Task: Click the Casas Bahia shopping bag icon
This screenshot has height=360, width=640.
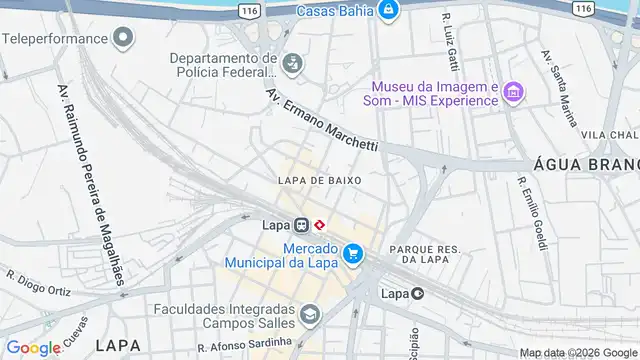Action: (389, 11)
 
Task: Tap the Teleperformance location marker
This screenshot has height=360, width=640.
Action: (124, 39)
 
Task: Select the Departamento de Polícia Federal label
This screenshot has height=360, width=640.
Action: (223, 65)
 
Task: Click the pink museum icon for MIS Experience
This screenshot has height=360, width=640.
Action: (514, 92)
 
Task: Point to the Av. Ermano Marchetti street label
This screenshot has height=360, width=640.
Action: (322, 119)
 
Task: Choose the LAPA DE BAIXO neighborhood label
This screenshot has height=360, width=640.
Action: (319, 180)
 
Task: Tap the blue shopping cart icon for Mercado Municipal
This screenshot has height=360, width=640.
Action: (352, 255)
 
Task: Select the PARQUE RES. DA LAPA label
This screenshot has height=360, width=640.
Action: (424, 254)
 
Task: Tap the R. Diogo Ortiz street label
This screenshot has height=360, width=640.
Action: (37, 279)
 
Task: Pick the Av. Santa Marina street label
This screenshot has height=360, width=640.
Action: (559, 88)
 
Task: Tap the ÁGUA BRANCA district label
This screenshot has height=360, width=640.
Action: (586, 165)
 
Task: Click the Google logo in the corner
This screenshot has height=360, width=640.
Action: (34, 347)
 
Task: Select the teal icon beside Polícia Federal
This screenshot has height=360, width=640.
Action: (292, 65)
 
